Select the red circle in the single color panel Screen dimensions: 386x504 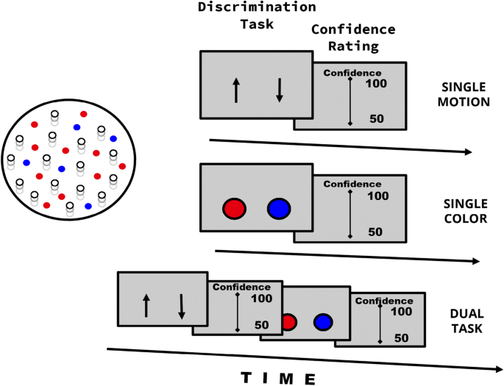point(235,209)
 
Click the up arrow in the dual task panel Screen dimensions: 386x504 point(146,305)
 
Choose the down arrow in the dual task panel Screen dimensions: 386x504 point(181,306)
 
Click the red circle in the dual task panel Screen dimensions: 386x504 point(288,322)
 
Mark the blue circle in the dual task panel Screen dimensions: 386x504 point(322,322)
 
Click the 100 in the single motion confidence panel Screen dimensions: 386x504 point(376,85)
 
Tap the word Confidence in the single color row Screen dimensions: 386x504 point(352,184)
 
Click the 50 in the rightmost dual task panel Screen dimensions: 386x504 point(401,338)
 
